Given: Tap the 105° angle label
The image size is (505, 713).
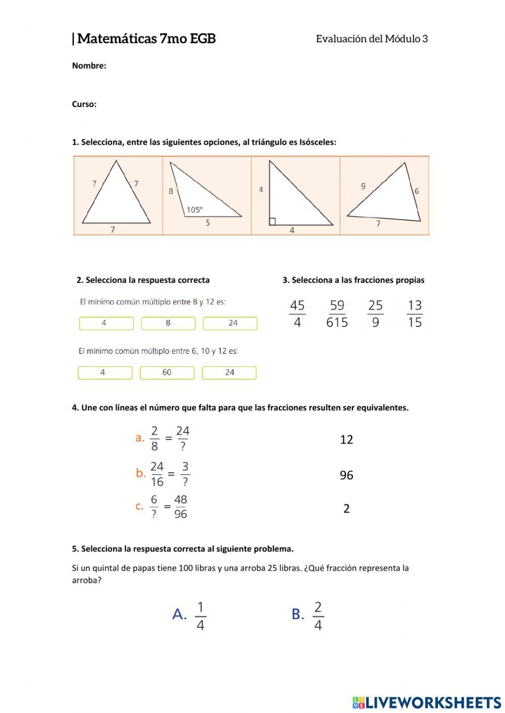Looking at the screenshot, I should pos(194,209).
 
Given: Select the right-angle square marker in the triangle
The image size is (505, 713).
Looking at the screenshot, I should pos(272,221).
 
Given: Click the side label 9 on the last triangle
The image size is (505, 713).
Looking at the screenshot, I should pos(363,186).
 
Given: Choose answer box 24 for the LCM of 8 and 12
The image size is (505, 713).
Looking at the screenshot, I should pos(230,323).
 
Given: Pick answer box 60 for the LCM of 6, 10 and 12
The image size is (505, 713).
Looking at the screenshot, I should pos(167,372).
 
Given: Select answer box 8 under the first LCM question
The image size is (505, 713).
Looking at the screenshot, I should pos(168,323).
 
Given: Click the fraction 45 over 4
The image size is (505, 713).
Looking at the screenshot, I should pos(297,313).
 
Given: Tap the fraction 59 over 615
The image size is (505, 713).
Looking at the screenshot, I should pos(337,313).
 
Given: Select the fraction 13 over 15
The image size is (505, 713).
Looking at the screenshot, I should pos(415,313).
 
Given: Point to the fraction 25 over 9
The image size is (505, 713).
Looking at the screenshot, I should pos(375,313).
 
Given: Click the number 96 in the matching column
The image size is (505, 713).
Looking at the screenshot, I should pos(346,475).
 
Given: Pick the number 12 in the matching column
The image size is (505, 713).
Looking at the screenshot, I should pos(346,440).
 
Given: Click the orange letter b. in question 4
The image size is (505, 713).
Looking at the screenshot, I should pos(141,473).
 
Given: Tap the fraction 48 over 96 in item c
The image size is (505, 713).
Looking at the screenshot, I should pos(180,507).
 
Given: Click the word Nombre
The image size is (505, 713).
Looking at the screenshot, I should pos(89,66).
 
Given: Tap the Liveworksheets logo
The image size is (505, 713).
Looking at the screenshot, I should pos(427,702).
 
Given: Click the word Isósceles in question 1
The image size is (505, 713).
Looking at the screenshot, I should pos(317,142).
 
